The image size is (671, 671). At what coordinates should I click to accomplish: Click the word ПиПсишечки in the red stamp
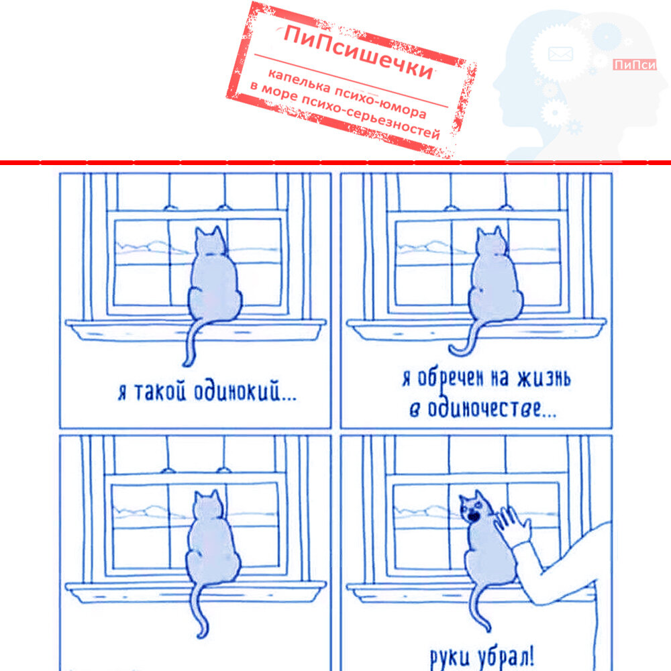point(358,52)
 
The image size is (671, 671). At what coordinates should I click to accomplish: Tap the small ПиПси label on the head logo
point(634,64)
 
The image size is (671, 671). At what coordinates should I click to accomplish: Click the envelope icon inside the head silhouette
point(560,54)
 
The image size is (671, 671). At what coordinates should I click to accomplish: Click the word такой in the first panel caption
point(160,392)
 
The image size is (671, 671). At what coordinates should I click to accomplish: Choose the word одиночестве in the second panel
point(492,408)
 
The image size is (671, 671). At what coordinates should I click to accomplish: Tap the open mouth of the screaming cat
point(473,517)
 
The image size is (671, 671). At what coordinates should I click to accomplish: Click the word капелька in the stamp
point(299,81)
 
